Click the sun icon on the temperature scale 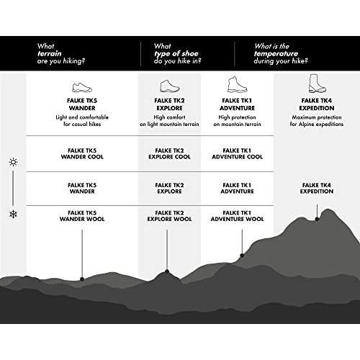[x=13, y=162]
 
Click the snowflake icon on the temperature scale [x=13, y=214]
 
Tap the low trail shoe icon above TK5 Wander [x=82, y=88]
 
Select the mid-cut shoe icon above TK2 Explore [x=169, y=86]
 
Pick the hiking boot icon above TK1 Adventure [x=237, y=84]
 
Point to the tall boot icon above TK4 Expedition [x=317, y=84]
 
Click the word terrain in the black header [x=49, y=53]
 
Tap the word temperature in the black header [x=276, y=54]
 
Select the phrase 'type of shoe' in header [x=176, y=54]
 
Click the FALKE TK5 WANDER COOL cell [x=82, y=153]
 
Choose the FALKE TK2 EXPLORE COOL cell [x=169, y=153]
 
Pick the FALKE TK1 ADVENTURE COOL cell [x=237, y=153]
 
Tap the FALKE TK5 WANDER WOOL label [x=82, y=216]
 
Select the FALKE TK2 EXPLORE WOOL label [x=169, y=216]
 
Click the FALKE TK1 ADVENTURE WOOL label [x=237, y=216]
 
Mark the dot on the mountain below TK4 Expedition [x=317, y=219]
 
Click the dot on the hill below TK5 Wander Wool [x=82, y=279]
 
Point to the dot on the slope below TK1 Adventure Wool [x=242, y=255]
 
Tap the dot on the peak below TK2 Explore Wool [x=167, y=271]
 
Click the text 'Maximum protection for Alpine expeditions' [x=317, y=121]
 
